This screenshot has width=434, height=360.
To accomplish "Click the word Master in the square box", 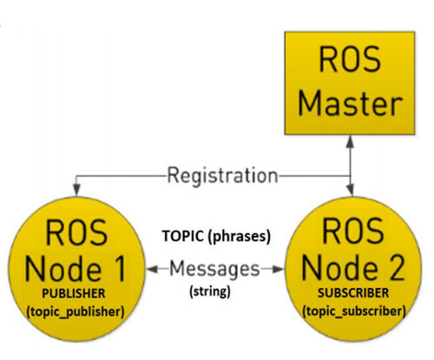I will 350,107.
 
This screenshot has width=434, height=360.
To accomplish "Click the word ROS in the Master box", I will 350,63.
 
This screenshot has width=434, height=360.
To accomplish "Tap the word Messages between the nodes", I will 214,268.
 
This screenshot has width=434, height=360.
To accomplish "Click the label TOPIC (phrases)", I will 214,235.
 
